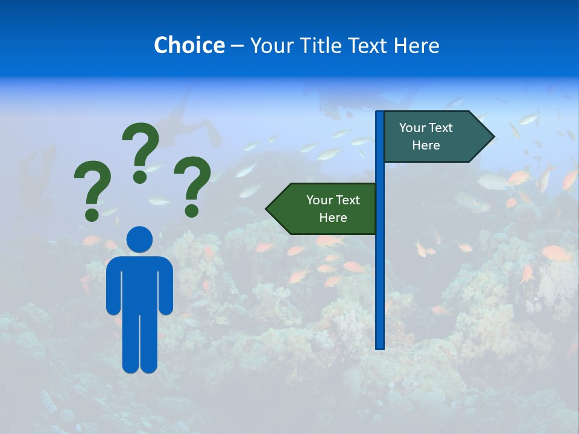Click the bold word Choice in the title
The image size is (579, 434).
click(189, 45)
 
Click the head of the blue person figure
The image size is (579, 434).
click(139, 239)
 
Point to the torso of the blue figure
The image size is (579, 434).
click(139, 283)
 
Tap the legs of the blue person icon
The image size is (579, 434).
click(139, 344)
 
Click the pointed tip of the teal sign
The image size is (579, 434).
click(492, 137)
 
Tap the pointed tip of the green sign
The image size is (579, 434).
click(268, 209)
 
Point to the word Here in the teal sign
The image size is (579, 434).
click(426, 145)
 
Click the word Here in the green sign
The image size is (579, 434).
click(333, 218)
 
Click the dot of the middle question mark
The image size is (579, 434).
click(140, 177)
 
